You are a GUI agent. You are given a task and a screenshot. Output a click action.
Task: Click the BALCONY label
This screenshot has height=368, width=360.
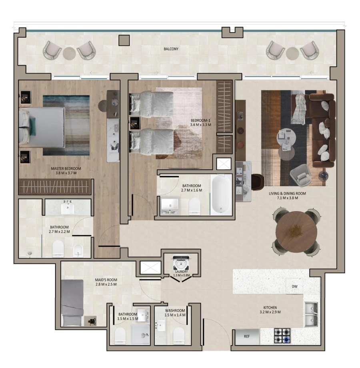tap(171, 49)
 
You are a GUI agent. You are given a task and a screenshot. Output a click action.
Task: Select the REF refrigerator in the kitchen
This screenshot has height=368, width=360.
tap(247, 336)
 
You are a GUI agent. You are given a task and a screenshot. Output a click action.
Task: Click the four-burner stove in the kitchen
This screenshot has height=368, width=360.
tap(282, 336)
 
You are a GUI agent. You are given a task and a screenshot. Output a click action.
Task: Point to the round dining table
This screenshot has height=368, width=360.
tap(296, 231)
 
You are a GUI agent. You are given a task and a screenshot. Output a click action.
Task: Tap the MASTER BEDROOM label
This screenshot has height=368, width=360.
tap(66, 171)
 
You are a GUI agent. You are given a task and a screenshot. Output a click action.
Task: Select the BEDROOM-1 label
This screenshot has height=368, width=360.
tap(200, 122)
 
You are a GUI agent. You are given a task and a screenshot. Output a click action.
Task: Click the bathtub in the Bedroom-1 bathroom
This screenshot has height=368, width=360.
tap(220, 194)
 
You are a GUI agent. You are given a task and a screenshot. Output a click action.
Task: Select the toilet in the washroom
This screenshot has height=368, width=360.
tap(178, 336)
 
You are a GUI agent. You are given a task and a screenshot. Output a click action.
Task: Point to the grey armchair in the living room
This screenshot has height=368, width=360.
tap(300, 176)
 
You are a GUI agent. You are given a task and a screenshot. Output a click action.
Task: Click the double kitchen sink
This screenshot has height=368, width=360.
tap(311, 314)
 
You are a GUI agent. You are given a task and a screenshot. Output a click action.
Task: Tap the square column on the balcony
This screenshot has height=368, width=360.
tap(124, 40)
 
